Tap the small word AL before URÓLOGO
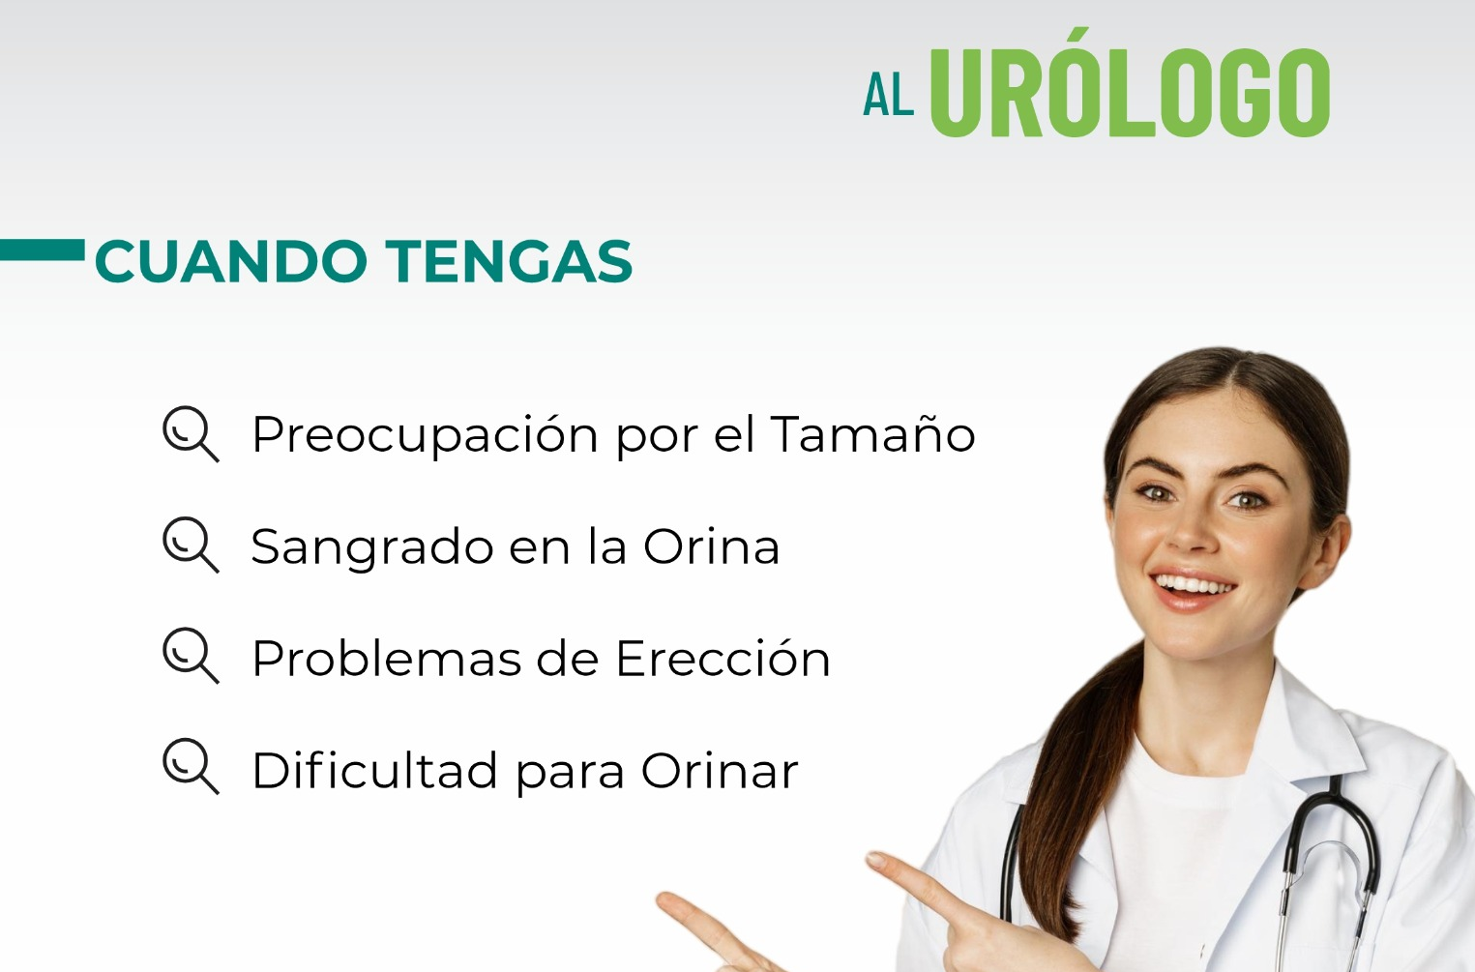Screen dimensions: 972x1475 (888, 96)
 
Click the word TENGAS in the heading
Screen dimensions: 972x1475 (509, 262)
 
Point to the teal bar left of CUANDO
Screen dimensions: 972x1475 (43, 250)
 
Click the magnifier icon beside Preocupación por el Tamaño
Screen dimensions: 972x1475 (190, 434)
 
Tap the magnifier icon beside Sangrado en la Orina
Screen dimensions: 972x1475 (190, 545)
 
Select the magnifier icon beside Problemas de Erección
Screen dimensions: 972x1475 (190, 657)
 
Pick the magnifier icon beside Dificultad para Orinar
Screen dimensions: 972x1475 (190, 768)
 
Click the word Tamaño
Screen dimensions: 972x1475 (872, 434)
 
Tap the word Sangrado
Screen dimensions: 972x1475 (371, 547)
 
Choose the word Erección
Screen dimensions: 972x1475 (723, 659)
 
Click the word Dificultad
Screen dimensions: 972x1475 (374, 771)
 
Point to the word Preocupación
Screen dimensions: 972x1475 (425, 435)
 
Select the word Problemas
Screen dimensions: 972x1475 (386, 659)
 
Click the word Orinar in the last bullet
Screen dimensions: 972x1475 (720, 771)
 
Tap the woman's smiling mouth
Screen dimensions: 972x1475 (1194, 587)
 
